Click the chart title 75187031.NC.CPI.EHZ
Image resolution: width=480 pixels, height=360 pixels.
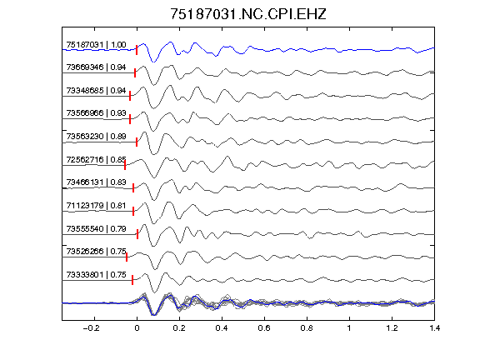pos(248,14)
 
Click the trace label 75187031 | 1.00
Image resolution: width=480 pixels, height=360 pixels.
pos(96,45)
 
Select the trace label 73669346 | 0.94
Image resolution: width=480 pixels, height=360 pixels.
pos(96,67)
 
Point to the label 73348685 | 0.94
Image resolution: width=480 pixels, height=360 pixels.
pos(96,90)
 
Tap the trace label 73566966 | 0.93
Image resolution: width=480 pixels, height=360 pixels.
pos(96,113)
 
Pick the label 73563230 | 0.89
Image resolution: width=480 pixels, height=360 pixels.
pos(96,136)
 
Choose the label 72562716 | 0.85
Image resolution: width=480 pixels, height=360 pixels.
pos(96,159)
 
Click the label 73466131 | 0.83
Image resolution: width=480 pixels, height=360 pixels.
pos(96,182)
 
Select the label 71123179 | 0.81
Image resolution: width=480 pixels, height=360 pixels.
pos(96,205)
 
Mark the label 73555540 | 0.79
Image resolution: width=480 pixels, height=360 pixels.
pos(96,228)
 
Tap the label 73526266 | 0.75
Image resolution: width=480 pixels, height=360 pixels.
pos(96,252)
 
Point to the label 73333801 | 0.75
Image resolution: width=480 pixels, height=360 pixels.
pos(96,275)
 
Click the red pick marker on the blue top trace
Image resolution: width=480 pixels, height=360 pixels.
pos(137,50)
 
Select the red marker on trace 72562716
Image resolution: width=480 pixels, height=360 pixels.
pos(125,165)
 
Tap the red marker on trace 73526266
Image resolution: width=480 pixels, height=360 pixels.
pos(127,257)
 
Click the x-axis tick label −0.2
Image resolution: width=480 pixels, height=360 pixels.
pos(91,328)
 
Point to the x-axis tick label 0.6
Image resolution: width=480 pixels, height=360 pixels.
pos(264,328)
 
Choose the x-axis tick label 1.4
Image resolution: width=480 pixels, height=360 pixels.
pos(434,328)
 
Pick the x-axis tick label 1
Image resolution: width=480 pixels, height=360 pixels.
pos(349,328)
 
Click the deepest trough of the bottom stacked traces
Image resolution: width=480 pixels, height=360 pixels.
pos(154,315)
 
